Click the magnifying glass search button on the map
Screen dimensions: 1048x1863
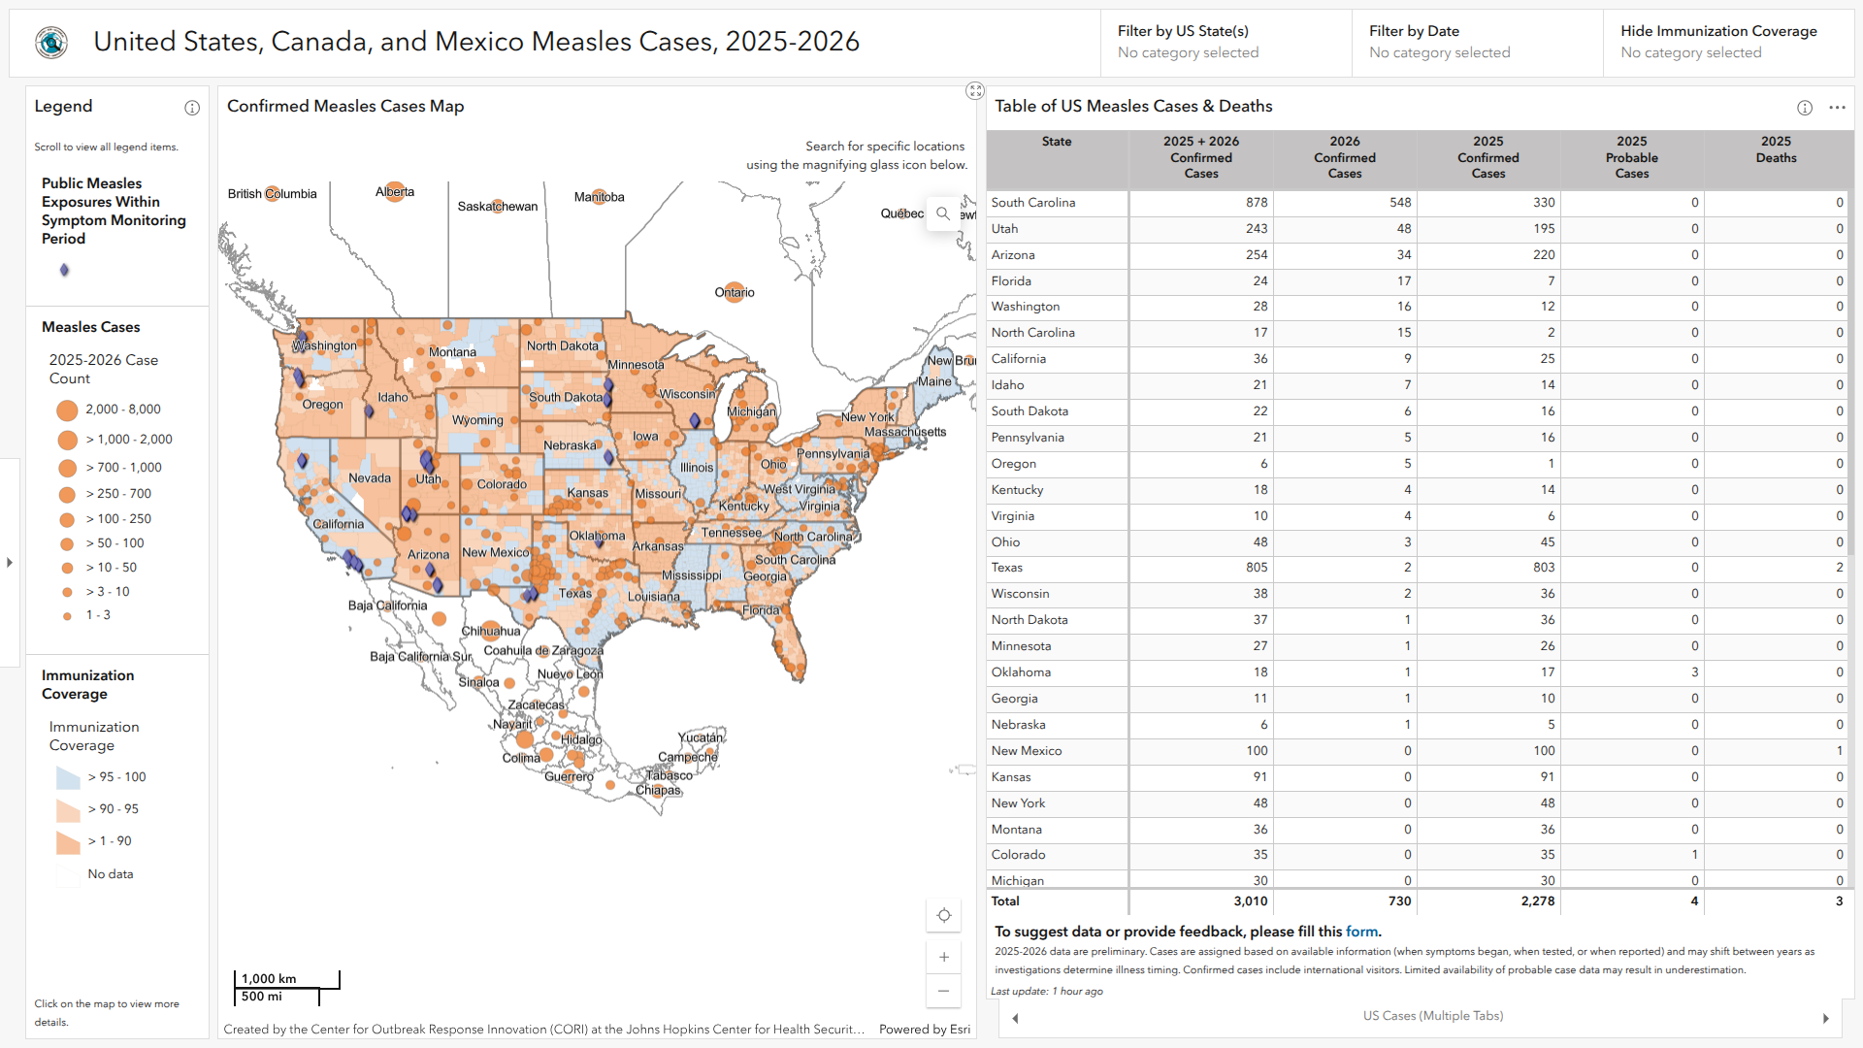(942, 213)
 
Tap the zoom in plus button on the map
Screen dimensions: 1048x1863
(943, 957)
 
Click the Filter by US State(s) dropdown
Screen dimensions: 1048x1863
(1225, 43)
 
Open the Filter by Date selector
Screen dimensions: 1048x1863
(1476, 43)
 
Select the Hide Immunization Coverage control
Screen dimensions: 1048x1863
(1727, 43)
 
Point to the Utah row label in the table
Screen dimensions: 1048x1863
(1004, 229)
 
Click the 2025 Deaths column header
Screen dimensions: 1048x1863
(1776, 149)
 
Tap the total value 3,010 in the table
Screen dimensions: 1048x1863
(1250, 901)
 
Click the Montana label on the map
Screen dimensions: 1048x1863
(452, 352)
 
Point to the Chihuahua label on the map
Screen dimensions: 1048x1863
(491, 632)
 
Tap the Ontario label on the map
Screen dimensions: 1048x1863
(735, 292)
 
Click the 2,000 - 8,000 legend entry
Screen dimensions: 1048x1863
(122, 409)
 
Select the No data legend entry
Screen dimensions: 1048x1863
(110, 874)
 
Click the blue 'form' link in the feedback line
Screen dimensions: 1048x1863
(1361, 932)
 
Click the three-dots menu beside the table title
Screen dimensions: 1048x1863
(1837, 108)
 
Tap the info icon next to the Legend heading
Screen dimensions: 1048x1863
(192, 108)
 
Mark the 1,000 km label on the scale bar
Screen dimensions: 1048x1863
(269, 979)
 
